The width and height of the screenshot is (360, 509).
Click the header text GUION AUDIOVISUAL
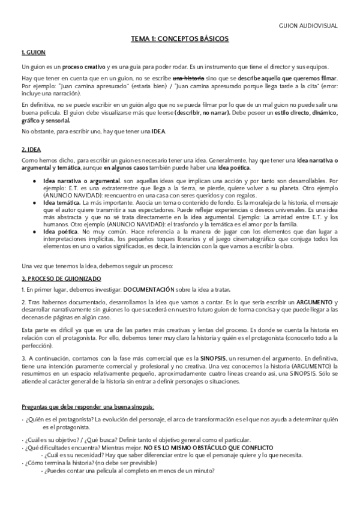pyautogui.click(x=308, y=26)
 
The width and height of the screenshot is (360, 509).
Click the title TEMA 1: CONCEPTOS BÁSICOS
pyautogui.click(x=179, y=38)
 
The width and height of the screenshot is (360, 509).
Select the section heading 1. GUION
pyautogui.click(x=33, y=53)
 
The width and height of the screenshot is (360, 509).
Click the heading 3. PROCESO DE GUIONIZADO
pyautogui.click(x=61, y=279)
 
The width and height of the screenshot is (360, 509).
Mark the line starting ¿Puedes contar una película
pyautogui.click(x=128, y=471)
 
